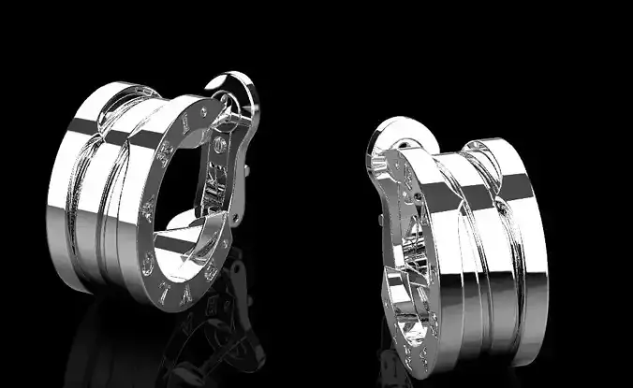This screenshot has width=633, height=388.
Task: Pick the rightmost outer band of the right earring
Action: point(524,243)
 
